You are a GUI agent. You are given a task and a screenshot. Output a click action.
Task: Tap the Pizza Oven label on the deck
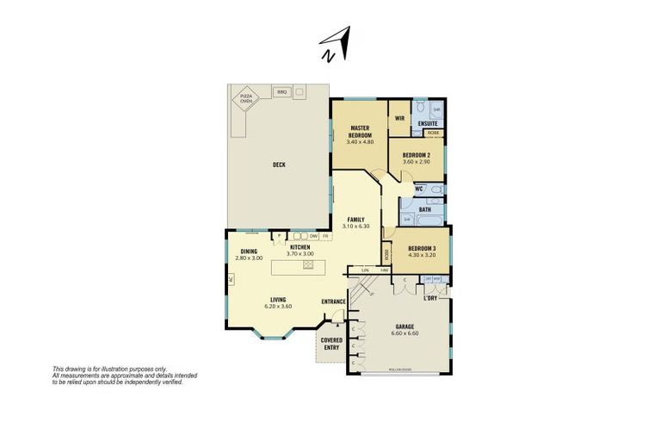pos(247,100)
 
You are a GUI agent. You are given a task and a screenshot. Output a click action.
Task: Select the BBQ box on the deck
pos(281,91)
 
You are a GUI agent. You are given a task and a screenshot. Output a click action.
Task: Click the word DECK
pos(279,165)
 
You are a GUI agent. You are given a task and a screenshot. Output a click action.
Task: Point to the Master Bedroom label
pos(360,132)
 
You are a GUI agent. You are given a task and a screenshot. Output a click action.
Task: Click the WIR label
pos(400,117)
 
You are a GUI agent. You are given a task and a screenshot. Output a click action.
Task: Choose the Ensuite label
pos(428,123)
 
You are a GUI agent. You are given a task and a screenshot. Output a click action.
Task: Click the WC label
pos(419,189)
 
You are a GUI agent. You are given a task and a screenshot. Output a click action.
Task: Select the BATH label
pos(425,209)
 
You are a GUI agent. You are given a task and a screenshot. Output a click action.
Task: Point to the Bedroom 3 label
pos(422,249)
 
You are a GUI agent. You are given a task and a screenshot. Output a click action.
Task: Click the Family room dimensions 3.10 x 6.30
pos(355,227)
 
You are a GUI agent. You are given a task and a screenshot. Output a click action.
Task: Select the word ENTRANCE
pos(333,301)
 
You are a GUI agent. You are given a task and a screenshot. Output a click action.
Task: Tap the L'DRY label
pos(431,297)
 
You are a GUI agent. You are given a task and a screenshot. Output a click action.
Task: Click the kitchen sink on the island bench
pos(307,266)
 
